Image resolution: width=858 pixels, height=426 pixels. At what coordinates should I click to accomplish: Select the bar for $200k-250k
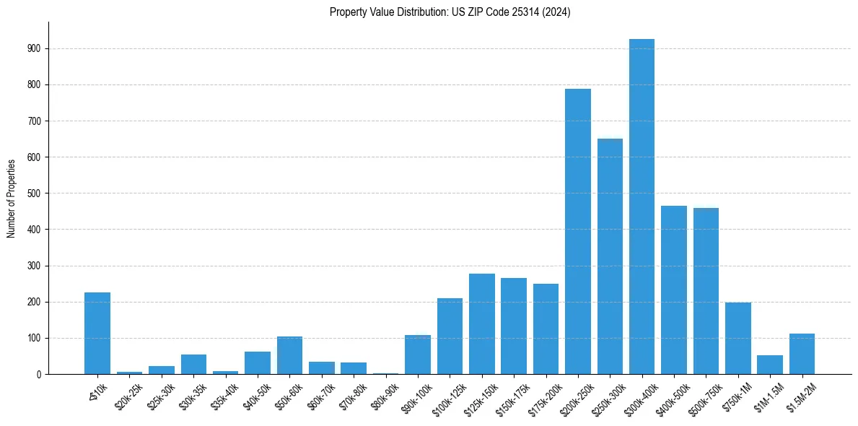[577, 231]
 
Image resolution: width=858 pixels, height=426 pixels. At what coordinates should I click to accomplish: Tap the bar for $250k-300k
[610, 256]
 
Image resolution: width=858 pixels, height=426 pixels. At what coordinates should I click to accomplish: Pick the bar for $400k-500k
[674, 290]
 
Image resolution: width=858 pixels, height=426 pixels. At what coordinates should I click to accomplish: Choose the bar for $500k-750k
[706, 291]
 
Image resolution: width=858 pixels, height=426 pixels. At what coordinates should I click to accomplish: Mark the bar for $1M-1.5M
[770, 365]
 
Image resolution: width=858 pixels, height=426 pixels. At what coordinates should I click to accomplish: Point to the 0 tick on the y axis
[39, 374]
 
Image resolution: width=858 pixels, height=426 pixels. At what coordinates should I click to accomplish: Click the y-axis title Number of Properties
[12, 198]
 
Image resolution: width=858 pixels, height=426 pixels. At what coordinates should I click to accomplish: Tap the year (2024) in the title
[557, 12]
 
